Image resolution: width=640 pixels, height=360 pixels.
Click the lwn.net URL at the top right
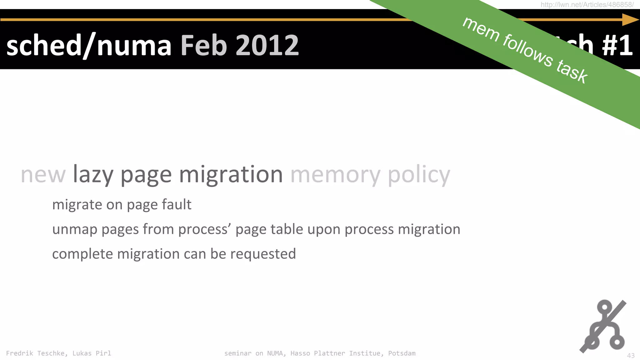pyautogui.click(x=587, y=5)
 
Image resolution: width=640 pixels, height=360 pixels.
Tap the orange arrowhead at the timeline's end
pyautogui.click(x=630, y=20)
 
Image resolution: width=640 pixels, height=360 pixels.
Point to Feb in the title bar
pyautogui.click(x=204, y=46)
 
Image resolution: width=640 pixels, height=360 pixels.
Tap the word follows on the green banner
pyautogui.click(x=527, y=50)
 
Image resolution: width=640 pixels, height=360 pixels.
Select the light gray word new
pyautogui.click(x=43, y=175)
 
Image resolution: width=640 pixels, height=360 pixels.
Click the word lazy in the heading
pyautogui.click(x=93, y=175)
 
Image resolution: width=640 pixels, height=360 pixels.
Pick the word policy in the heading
pyautogui.click(x=419, y=175)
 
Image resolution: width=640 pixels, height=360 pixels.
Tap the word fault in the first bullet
pyautogui.click(x=177, y=205)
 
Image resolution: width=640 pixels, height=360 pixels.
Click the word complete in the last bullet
pyautogui.click(x=82, y=254)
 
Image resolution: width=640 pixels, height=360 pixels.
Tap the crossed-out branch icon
pyautogui.click(x=604, y=326)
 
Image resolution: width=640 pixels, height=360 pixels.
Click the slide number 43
pyautogui.click(x=631, y=356)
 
